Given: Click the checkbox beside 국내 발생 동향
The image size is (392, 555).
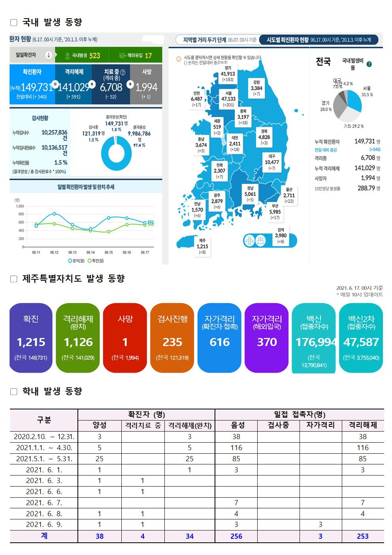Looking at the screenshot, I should [x=14, y=23].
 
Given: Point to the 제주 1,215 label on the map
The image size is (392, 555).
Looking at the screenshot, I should [x=202, y=246].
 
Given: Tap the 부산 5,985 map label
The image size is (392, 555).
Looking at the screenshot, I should [x=275, y=212].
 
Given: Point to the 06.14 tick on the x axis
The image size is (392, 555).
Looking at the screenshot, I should [x=90, y=252].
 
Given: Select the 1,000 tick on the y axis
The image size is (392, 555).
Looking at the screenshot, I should [x=20, y=206].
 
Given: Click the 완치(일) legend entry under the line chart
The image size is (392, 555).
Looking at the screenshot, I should [x=76, y=261].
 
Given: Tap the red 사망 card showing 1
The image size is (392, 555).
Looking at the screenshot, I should [x=125, y=338].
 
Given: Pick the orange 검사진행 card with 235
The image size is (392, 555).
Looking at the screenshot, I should [x=172, y=338].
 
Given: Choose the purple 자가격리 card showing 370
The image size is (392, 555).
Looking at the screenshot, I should [x=267, y=338].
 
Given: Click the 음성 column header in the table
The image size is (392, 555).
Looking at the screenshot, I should [x=236, y=425].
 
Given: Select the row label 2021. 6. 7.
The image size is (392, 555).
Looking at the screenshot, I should [x=44, y=503].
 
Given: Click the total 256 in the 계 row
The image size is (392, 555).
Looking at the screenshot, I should [x=236, y=536].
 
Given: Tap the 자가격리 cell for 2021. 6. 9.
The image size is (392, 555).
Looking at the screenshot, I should [x=320, y=525].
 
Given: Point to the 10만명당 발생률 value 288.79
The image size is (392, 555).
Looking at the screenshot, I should [x=366, y=188].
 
